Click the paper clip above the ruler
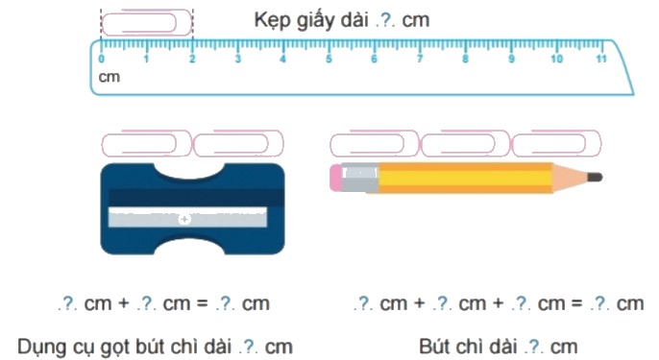tap(147, 21)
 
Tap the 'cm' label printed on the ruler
tap(110, 76)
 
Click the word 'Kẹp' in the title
tap(271, 19)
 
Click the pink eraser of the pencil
tap(336, 176)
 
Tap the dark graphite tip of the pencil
tap(594, 177)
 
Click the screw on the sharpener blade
tap(185, 219)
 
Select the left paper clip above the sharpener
tap(146, 144)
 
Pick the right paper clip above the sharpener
tap(237, 144)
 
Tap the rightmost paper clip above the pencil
tap(556, 144)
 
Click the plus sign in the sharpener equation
tap(121, 304)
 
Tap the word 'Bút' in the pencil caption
tap(435, 344)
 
